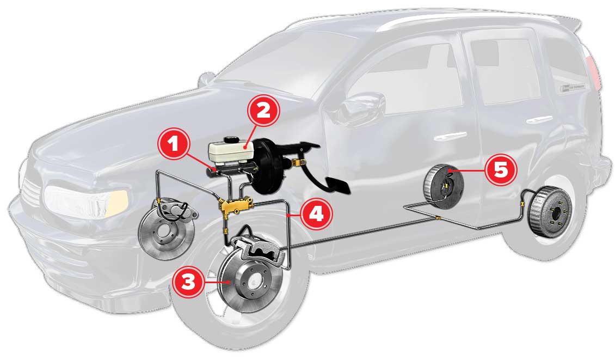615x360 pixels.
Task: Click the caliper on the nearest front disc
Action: [256, 250]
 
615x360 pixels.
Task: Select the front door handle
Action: [447, 135]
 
